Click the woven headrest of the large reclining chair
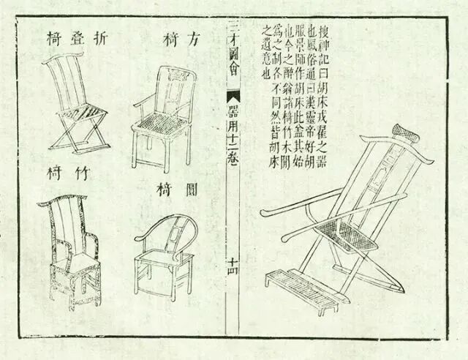402,131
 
